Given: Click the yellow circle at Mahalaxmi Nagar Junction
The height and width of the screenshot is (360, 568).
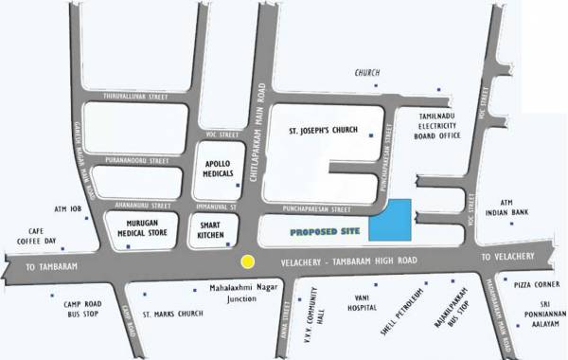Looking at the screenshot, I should tap(248, 261).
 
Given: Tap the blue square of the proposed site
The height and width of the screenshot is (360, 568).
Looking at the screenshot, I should tap(390, 220).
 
